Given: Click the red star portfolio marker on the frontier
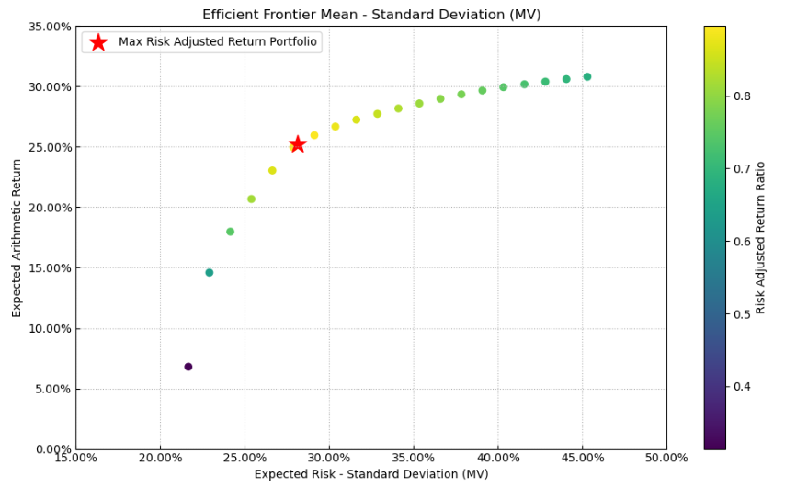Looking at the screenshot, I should (x=297, y=143).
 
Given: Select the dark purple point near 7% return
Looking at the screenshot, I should (x=188, y=367).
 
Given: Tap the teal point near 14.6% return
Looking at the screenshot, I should (x=210, y=272).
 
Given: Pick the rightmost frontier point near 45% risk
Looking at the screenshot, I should (x=587, y=77).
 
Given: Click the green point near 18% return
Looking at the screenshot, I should (x=230, y=232).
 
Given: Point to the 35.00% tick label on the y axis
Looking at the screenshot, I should (x=51, y=27).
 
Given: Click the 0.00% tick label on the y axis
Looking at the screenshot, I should (x=53, y=449).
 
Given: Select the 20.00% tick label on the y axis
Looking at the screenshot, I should (x=51, y=208).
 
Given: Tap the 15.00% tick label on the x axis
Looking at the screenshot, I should (x=75, y=458).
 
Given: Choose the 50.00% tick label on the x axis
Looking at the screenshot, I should (x=666, y=458).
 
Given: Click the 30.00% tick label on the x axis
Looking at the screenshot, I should (x=329, y=458).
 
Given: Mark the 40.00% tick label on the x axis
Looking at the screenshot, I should (x=497, y=458).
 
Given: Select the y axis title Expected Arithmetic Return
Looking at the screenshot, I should (x=17, y=238).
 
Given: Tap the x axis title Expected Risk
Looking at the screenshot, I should (x=371, y=474).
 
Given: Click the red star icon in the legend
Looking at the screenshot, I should (x=98, y=42).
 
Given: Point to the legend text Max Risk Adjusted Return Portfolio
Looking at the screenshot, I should (x=217, y=42).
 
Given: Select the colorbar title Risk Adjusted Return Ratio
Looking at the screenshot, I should (x=761, y=238).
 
